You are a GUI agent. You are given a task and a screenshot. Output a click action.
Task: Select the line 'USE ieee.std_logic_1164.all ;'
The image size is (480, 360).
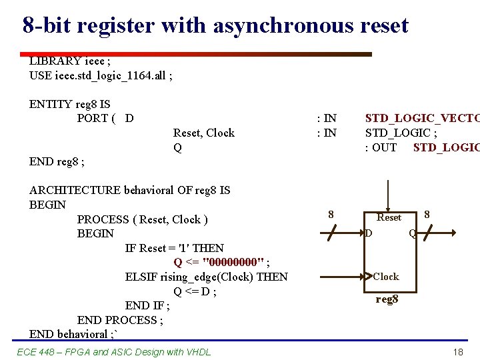click(101, 75)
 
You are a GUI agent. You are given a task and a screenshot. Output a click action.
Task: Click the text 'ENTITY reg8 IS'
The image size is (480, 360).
click(70, 104)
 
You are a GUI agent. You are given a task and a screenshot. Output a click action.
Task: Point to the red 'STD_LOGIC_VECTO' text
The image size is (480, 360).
click(421, 119)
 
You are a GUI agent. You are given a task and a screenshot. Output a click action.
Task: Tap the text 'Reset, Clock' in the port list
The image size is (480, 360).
click(204, 133)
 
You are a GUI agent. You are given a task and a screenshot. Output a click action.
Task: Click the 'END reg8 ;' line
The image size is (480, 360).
click(57, 161)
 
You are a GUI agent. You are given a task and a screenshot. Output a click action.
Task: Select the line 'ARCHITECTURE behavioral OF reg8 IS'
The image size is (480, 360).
click(130, 190)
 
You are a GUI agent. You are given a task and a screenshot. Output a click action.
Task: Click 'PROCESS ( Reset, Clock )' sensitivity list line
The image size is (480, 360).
click(143, 219)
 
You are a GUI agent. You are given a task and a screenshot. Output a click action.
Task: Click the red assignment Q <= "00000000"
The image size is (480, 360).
click(221, 262)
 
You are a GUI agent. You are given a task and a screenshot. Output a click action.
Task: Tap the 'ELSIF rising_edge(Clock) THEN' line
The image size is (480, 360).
click(207, 277)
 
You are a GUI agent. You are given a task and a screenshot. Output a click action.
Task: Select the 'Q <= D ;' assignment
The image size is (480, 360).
click(195, 291)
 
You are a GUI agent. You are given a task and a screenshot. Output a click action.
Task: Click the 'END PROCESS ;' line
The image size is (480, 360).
click(120, 320)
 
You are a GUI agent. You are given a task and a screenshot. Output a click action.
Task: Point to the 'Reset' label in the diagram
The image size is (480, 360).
click(389, 217)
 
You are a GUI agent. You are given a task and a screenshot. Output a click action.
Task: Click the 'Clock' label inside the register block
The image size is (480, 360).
click(386, 277)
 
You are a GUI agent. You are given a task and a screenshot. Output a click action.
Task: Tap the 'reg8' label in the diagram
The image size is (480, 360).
click(387, 299)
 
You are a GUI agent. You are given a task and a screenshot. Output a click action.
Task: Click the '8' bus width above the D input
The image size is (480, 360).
click(331, 215)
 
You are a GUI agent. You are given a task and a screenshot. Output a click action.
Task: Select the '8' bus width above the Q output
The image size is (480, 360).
click(427, 215)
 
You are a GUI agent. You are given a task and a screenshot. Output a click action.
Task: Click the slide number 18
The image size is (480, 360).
click(457, 352)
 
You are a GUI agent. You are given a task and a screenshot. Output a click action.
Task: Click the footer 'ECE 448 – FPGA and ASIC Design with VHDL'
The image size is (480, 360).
click(113, 352)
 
